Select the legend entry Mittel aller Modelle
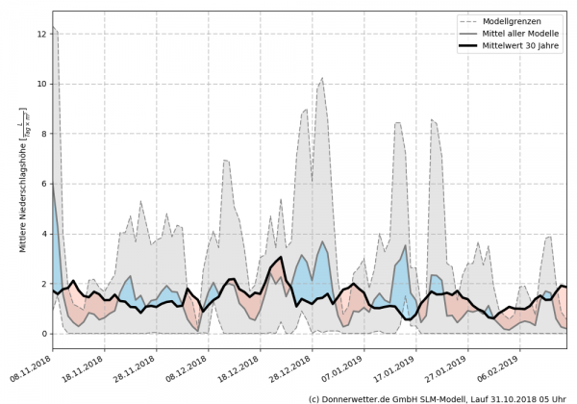pyautogui.click(x=515, y=35)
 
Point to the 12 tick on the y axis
pyautogui.click(x=40, y=34)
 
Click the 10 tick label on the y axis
pyautogui.click(x=40, y=84)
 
